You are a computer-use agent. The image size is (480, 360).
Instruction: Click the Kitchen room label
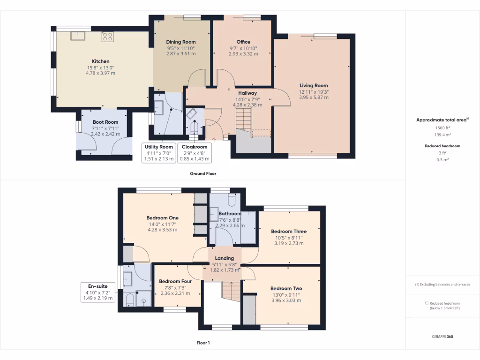point(100,61)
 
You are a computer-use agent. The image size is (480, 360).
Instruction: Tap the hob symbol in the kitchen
point(107,36)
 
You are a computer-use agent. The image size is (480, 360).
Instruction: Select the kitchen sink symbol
point(77,36)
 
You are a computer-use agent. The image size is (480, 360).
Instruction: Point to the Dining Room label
point(181,42)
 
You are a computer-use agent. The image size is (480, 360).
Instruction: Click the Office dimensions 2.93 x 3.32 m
point(243,54)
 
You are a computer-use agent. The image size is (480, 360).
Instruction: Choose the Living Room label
point(314,86)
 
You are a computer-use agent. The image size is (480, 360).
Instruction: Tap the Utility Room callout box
point(159,153)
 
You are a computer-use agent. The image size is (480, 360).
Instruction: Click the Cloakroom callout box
point(195,153)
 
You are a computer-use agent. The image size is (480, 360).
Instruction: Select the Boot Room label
point(105,122)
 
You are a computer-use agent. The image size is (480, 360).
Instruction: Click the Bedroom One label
point(162,218)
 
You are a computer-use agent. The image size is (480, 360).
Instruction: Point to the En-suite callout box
point(98,292)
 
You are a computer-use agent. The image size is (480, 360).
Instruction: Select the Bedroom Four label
point(178,281)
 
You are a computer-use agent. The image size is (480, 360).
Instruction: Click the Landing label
point(224,258)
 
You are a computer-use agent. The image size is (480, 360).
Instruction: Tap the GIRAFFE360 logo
point(442,337)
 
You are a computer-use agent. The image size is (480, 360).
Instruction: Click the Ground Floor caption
point(203,173)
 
